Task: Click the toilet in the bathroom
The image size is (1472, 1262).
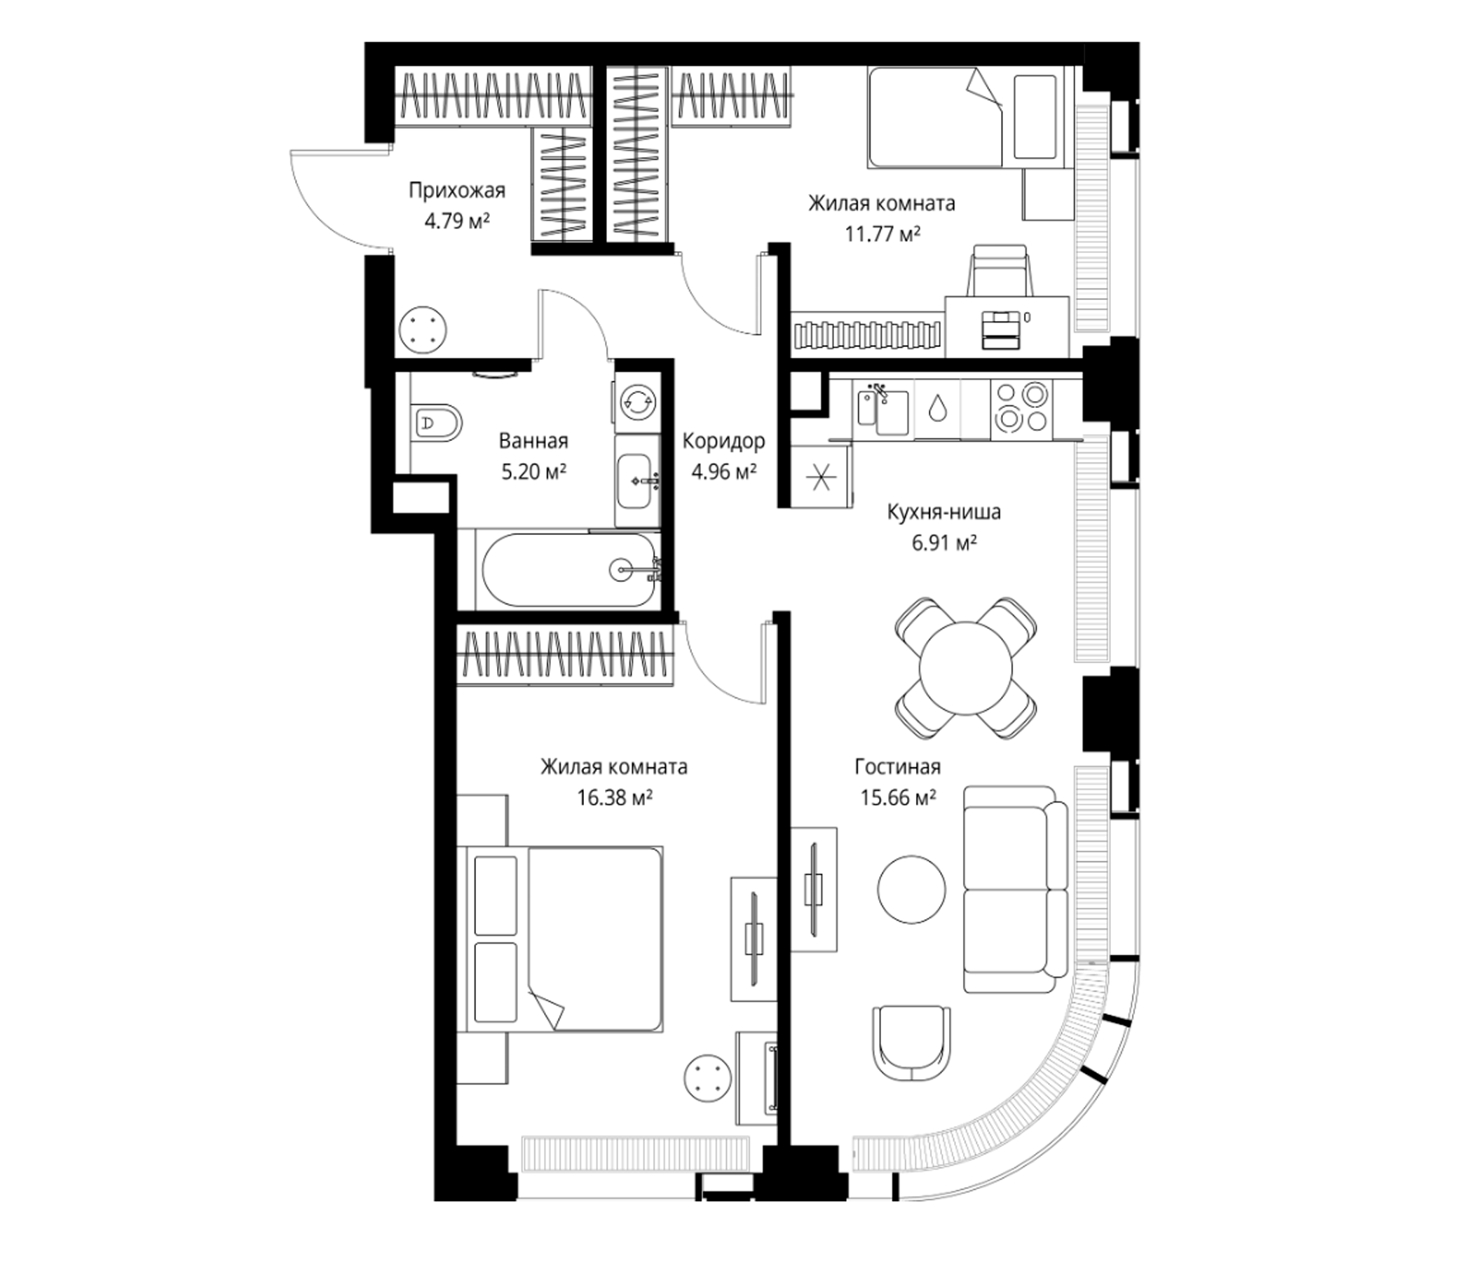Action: tap(435, 423)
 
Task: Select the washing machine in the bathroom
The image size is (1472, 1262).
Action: tap(635, 401)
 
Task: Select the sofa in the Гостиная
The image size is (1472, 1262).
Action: tap(1015, 889)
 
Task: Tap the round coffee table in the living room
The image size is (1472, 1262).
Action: tap(911, 889)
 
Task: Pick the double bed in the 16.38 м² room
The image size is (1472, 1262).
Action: tap(564, 939)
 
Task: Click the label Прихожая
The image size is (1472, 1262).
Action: tap(457, 191)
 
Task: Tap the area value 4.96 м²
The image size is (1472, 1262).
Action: tap(723, 471)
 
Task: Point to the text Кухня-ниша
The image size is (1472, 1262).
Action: tap(943, 512)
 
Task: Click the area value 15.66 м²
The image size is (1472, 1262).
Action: tap(898, 798)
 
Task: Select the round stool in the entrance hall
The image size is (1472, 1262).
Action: tap(423, 330)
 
